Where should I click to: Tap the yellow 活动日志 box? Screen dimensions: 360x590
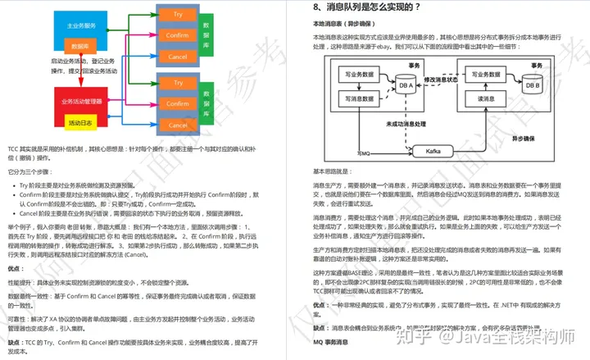tap(81, 123)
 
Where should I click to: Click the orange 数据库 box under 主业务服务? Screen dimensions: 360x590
tap(80, 47)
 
